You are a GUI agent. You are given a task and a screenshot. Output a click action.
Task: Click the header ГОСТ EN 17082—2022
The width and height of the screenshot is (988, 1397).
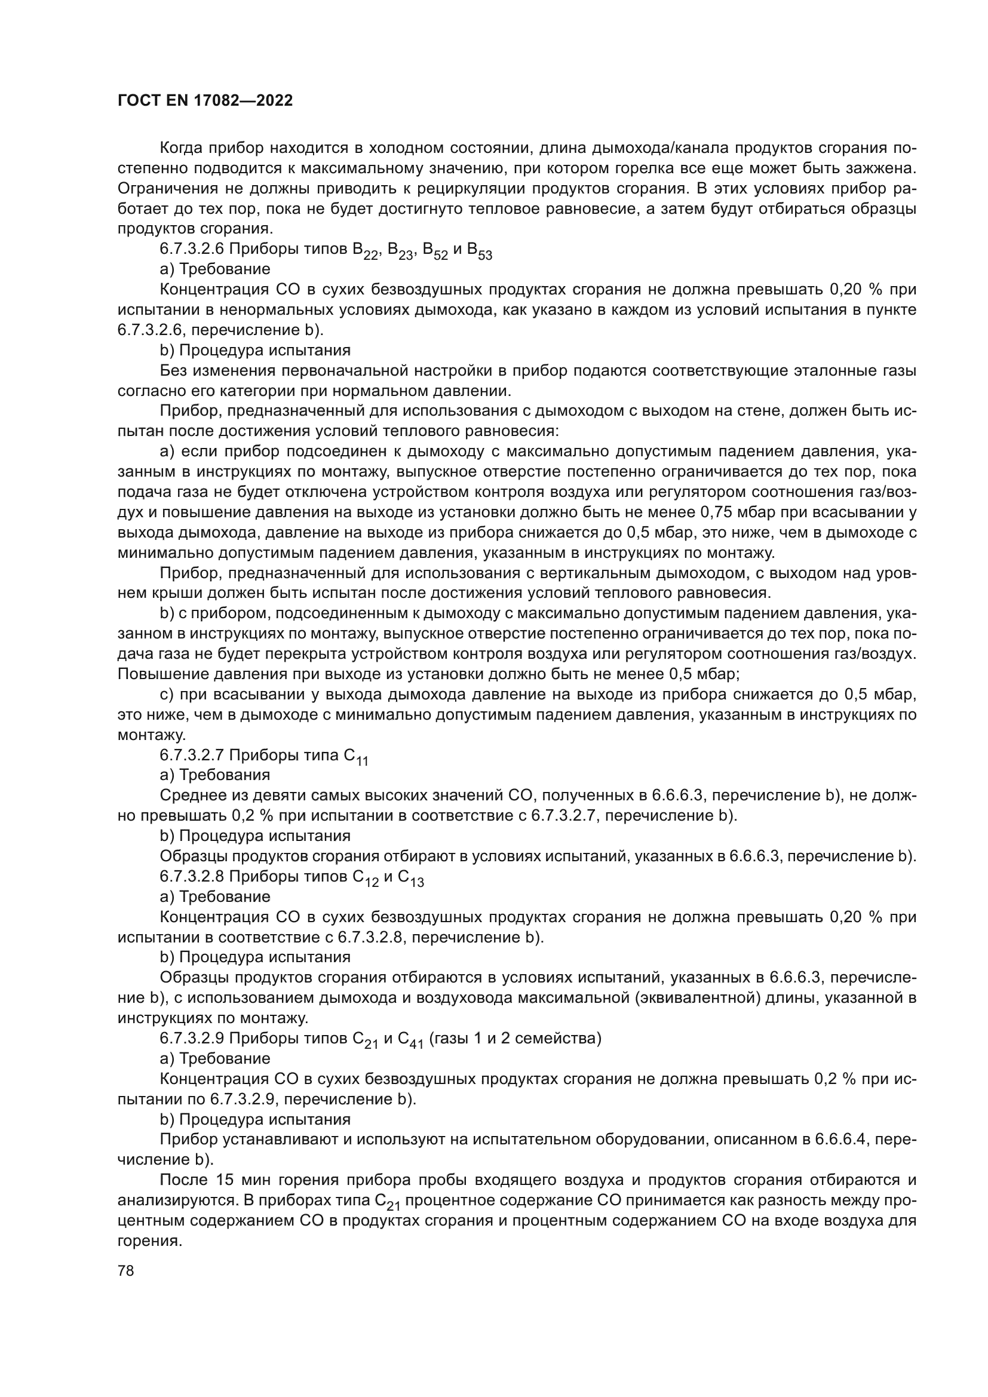tap(205, 100)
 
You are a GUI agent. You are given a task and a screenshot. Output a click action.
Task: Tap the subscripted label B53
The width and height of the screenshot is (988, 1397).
tap(480, 251)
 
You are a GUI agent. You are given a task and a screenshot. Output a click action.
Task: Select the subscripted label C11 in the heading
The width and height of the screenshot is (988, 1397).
tap(356, 757)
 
